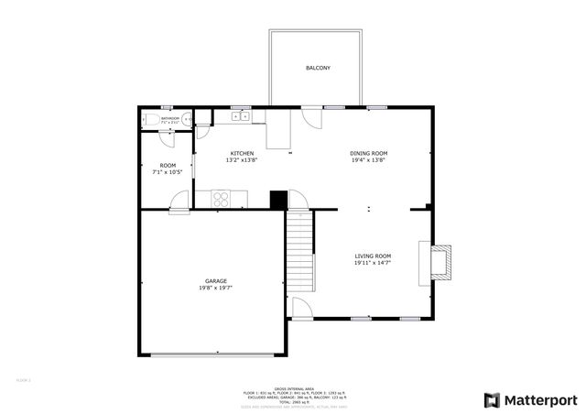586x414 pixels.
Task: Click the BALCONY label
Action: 318,69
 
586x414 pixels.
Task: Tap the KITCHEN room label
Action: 242,153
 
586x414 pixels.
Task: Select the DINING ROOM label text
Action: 369,153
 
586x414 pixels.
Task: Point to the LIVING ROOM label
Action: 373,256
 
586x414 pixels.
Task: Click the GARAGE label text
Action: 216,281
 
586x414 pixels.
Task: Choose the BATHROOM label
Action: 170,118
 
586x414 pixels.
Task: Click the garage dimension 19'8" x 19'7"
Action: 216,289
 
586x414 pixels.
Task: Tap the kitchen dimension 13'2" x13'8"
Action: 242,160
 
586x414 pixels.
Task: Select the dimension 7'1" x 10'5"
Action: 168,172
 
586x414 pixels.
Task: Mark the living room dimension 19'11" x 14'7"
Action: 373,264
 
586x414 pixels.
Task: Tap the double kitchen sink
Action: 241,116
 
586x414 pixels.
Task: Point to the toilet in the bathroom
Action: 186,118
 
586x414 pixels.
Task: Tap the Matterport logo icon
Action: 492,399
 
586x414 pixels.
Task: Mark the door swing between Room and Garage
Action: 179,200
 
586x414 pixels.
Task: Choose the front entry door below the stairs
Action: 301,309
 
